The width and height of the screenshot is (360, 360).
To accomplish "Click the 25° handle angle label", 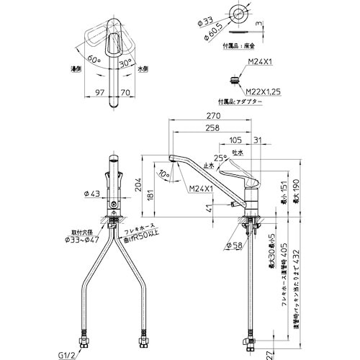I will pyautogui.click(x=220, y=158).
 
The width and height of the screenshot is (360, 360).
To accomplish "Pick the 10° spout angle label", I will pyautogui.click(x=167, y=173).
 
